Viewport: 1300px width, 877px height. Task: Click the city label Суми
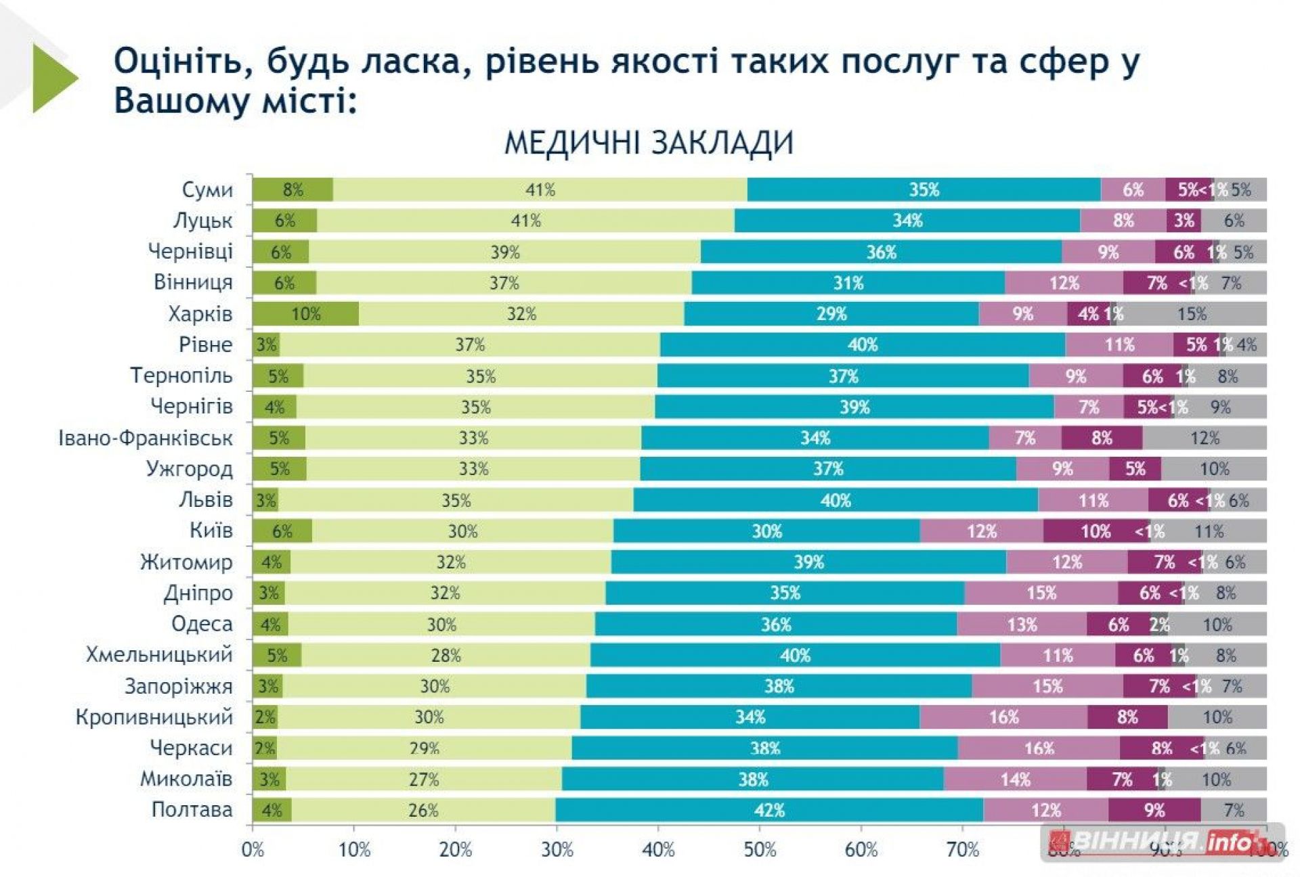(207, 190)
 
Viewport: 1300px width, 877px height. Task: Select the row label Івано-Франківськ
(146, 438)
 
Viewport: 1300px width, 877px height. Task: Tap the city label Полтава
(192, 810)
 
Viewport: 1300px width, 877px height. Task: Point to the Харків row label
(200, 314)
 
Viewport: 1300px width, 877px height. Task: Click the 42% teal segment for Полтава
(769, 810)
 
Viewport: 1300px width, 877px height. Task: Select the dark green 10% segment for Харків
(305, 314)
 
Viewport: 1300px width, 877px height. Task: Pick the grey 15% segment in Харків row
(1192, 314)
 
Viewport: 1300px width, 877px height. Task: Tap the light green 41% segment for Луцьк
(525, 221)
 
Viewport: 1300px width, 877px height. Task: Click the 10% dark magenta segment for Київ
(1096, 531)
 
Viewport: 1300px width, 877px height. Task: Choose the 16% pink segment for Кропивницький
(1003, 717)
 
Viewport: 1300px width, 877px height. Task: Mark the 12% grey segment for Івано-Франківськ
(1205, 438)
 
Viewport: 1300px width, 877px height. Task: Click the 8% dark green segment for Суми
(292, 190)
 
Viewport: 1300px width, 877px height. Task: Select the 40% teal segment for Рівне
(863, 345)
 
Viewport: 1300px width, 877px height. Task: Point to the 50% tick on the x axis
(760, 849)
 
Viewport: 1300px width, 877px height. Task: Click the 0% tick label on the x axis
(253, 849)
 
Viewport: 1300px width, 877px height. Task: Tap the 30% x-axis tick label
(557, 849)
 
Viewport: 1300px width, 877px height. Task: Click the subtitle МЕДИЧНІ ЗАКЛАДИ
(649, 143)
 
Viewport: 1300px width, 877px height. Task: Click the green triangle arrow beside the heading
(54, 78)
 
